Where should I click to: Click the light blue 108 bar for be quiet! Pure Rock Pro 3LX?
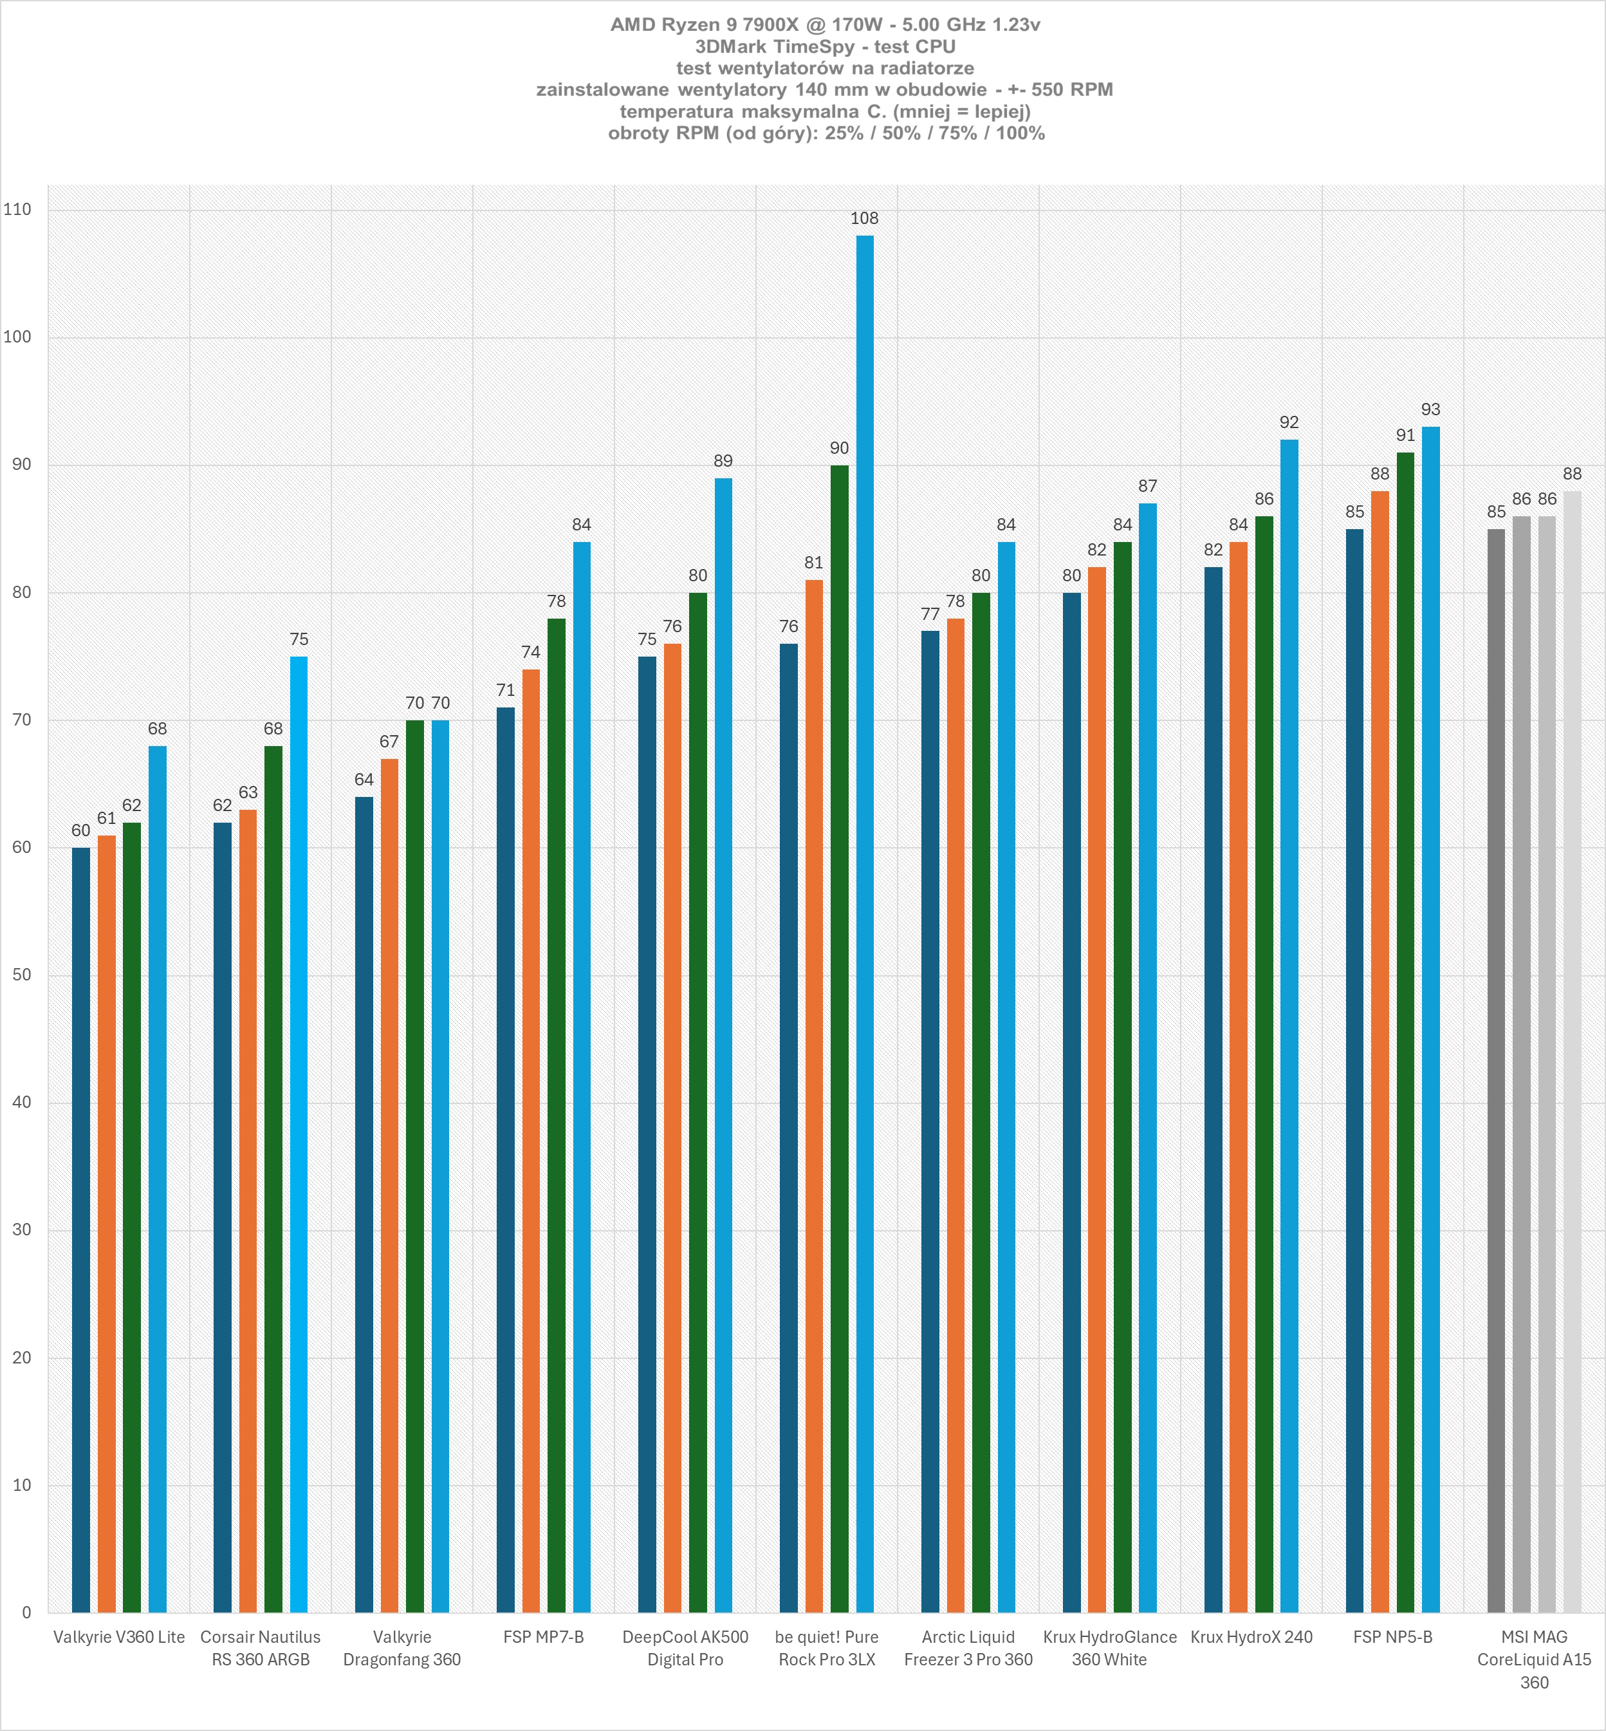point(865,922)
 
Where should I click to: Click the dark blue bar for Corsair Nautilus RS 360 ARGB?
point(223,1217)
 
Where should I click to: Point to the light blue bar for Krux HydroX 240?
point(1289,1026)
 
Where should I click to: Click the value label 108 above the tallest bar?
point(865,218)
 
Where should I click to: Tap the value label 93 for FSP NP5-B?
point(1430,409)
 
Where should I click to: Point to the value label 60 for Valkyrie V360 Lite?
point(81,830)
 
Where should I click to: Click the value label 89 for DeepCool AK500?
point(723,461)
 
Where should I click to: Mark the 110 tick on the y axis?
point(17,209)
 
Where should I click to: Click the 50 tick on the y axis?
point(22,975)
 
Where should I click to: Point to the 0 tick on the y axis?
point(27,1613)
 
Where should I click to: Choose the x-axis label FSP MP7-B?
point(543,1637)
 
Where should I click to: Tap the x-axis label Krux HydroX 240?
point(1251,1637)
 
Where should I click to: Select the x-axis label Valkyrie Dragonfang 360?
point(401,1649)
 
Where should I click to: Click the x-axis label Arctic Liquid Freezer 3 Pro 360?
point(968,1649)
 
